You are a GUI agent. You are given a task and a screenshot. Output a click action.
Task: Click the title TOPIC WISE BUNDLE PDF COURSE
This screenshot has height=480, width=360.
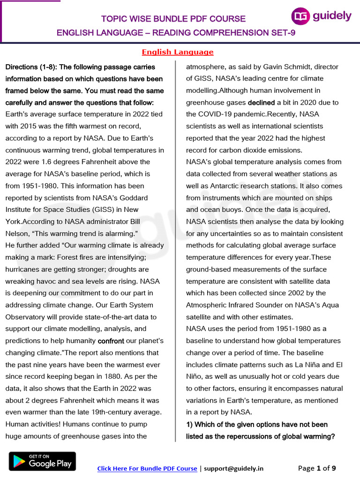coord(173,19)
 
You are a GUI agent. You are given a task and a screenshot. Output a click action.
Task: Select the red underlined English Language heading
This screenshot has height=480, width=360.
coord(178,52)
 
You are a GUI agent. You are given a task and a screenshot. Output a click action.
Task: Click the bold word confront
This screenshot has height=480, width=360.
coord(111,341)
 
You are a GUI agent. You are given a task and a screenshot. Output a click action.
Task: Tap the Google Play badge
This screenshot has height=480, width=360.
coord(42,461)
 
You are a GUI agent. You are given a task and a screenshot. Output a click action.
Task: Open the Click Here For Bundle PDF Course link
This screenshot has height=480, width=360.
coord(147,468)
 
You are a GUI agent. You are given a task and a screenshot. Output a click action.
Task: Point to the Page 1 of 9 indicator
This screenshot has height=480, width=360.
coord(317,468)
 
